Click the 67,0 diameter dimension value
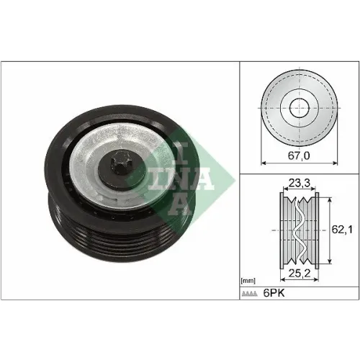tap(299, 156)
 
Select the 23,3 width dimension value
tap(300, 183)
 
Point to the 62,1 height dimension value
tap(342, 230)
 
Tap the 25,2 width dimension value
tap(300, 273)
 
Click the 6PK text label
tap(274, 293)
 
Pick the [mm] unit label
tap(248, 281)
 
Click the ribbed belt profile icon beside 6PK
tap(249, 294)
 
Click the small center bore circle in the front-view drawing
tap(300, 108)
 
